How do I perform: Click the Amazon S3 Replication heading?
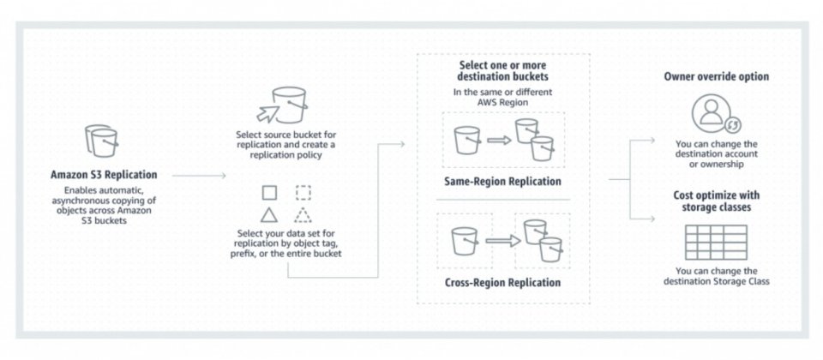click(105, 175)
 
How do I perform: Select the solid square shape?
click(269, 192)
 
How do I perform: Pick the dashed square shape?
click(303, 192)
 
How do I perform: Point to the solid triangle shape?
click(269, 214)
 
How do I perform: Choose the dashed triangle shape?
click(303, 214)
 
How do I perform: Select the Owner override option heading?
click(716, 76)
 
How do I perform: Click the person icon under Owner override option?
click(712, 113)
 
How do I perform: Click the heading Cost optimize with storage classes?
click(716, 202)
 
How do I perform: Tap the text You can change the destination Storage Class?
click(716, 276)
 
